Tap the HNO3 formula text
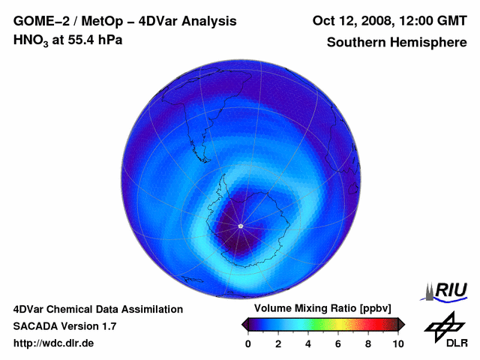(x=31, y=40)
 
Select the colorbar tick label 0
(x=248, y=343)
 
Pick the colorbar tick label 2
(x=278, y=343)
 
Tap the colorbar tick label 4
(x=308, y=343)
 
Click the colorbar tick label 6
(x=338, y=343)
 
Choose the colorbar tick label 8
(x=368, y=343)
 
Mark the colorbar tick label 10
(x=398, y=343)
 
